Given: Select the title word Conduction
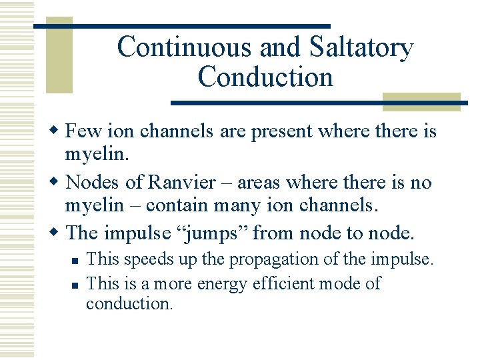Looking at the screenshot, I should pyautogui.click(x=265, y=77).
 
